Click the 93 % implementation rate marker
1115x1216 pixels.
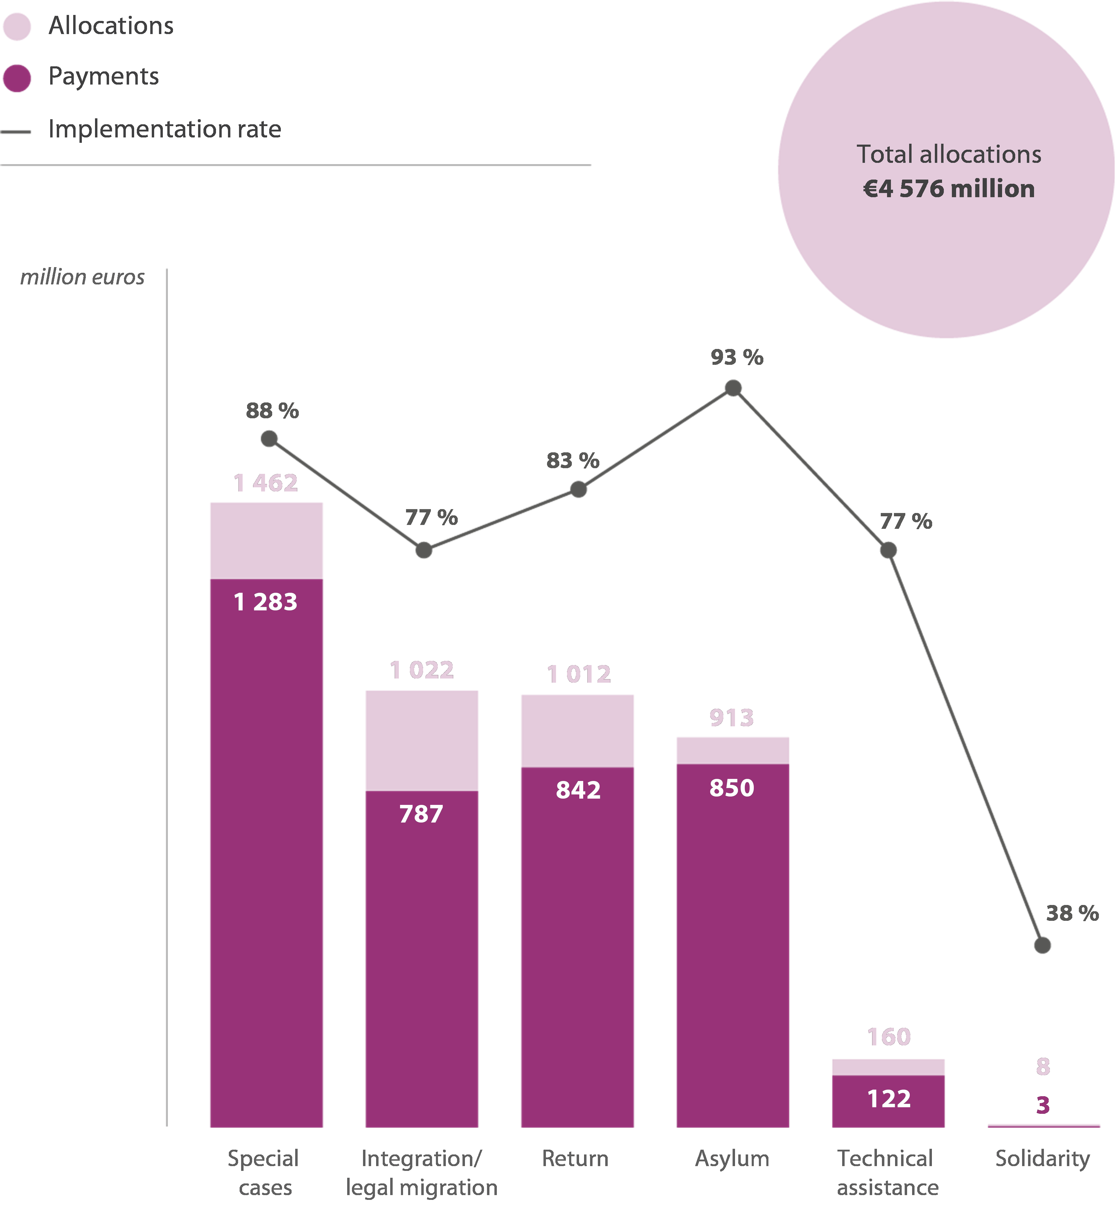point(733,388)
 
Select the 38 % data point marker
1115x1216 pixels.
point(1043,945)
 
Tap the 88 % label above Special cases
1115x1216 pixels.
point(272,411)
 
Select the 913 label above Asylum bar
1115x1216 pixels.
point(732,718)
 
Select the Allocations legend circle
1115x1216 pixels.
point(17,27)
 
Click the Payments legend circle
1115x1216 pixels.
point(17,78)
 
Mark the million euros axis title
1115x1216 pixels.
point(83,277)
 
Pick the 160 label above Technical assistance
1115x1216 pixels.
point(889,1037)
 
